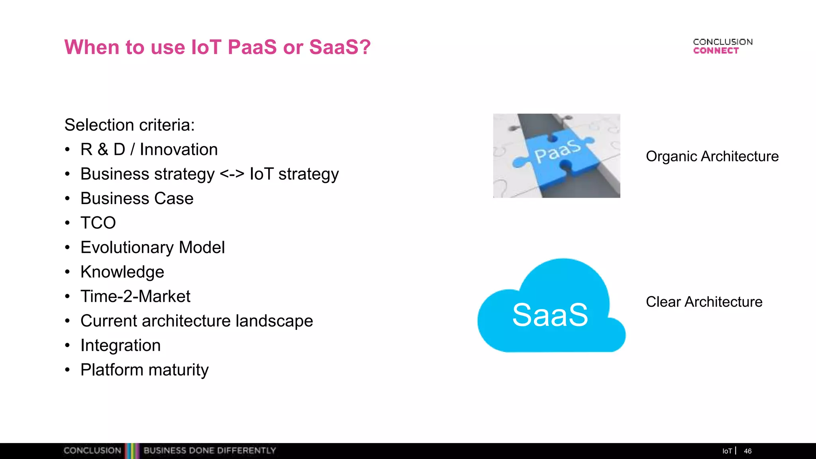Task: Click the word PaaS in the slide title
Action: pyautogui.click(x=252, y=47)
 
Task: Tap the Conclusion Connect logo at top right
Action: pyautogui.click(x=722, y=46)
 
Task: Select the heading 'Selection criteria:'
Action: pyautogui.click(x=129, y=125)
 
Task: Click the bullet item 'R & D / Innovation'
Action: pyautogui.click(x=149, y=150)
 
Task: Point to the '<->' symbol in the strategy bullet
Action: pyautogui.click(x=232, y=174)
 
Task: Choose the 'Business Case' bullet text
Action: pyautogui.click(x=137, y=198)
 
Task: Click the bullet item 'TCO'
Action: pyautogui.click(x=98, y=223)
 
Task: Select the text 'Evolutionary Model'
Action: pyautogui.click(x=153, y=247)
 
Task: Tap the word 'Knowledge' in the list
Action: pyautogui.click(x=122, y=272)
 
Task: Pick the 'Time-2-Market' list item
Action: pyautogui.click(x=135, y=296)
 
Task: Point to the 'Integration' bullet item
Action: pyautogui.click(x=120, y=345)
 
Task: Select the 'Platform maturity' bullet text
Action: pyautogui.click(x=144, y=370)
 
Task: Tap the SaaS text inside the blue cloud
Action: pyautogui.click(x=550, y=315)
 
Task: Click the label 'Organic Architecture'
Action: pyautogui.click(x=712, y=156)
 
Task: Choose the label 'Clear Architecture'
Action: pyautogui.click(x=704, y=302)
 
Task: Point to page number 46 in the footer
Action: pyautogui.click(x=747, y=451)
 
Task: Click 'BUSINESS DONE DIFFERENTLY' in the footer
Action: pyautogui.click(x=210, y=451)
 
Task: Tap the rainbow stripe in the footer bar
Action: pyautogui.click(x=132, y=451)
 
